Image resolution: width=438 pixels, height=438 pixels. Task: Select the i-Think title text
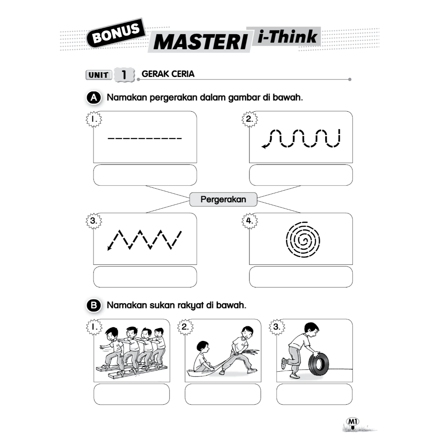(287, 37)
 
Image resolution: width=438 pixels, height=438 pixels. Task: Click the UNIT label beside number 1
(98, 75)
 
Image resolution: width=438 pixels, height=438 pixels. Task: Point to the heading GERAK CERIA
(168, 74)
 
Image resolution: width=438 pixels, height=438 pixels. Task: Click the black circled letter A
(94, 98)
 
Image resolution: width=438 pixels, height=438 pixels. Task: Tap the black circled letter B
(94, 305)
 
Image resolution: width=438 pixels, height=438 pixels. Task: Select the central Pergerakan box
(223, 199)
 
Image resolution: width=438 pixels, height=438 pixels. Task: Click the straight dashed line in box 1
(145, 138)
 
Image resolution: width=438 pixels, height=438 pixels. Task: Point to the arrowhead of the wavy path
(264, 146)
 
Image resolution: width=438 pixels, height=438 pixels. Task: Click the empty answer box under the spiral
(301, 277)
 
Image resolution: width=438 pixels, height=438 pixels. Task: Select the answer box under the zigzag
(145, 277)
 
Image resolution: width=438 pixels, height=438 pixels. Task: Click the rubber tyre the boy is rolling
(319, 364)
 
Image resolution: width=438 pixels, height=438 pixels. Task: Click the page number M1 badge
(352, 421)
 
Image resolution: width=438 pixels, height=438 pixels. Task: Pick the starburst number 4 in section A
(249, 221)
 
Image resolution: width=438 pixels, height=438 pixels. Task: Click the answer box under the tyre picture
(314, 394)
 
